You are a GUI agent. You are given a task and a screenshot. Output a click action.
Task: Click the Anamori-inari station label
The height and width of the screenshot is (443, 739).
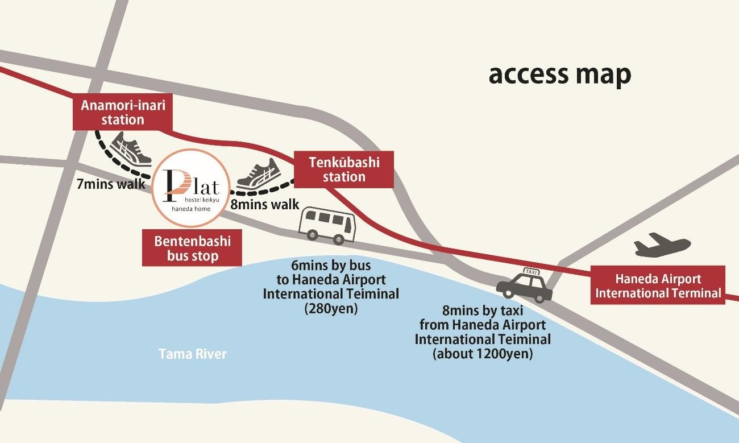(123, 112)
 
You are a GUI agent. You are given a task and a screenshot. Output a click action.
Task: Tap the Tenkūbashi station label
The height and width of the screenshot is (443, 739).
(344, 169)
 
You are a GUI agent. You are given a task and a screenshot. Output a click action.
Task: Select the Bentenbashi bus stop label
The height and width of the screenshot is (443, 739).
(192, 248)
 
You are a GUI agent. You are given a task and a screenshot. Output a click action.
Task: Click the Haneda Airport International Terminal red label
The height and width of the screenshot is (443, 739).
(658, 285)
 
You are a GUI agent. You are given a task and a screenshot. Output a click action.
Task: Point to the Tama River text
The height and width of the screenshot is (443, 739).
(193, 354)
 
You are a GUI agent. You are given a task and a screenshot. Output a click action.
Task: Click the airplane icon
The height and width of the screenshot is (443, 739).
(662, 245)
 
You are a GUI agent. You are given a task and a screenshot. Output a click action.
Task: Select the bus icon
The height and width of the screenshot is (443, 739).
(327, 226)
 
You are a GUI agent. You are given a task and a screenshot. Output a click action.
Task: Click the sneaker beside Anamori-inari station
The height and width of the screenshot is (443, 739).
(130, 149)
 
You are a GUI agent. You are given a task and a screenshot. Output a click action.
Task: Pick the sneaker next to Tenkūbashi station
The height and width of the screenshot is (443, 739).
(259, 175)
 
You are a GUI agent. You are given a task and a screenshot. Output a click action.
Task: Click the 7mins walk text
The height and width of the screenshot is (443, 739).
(111, 184)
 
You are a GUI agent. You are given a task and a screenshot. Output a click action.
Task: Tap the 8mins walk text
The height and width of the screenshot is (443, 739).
(264, 204)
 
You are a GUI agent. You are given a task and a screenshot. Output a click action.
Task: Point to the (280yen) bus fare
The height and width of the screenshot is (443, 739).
(331, 309)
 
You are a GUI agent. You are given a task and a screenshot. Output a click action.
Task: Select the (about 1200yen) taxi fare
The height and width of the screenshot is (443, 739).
(483, 354)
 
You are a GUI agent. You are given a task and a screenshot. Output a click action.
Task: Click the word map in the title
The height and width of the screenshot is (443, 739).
(603, 75)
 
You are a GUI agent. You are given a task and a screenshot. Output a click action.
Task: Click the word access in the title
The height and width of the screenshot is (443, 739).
(529, 74)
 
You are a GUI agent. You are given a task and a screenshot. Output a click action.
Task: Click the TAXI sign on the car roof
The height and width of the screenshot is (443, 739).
(531, 272)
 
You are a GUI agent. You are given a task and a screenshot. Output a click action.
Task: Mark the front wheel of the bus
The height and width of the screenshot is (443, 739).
(338, 239)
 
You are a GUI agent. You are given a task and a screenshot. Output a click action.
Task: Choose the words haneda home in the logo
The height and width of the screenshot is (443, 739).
(191, 209)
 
